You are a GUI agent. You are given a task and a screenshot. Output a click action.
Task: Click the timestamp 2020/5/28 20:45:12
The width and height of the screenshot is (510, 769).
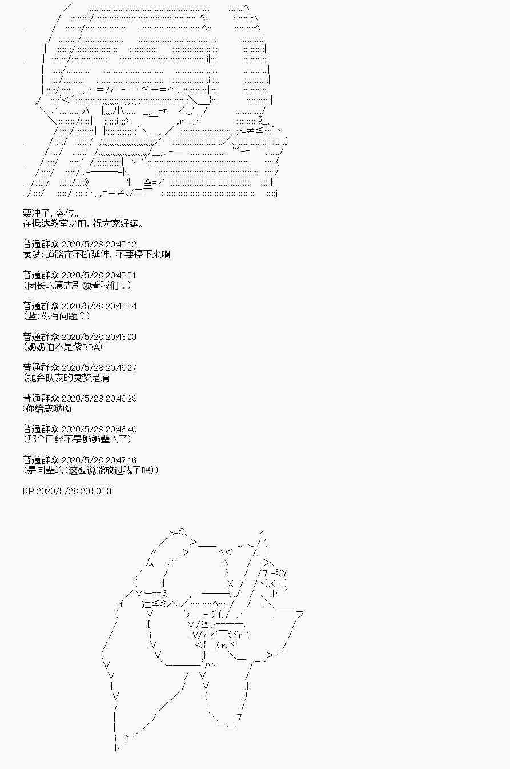99,245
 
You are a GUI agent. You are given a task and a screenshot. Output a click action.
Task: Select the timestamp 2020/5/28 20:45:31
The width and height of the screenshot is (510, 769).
99,275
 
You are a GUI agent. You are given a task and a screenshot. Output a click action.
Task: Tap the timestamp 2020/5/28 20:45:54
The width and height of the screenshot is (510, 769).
99,306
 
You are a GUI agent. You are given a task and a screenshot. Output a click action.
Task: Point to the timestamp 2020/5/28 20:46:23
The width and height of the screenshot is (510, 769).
99,337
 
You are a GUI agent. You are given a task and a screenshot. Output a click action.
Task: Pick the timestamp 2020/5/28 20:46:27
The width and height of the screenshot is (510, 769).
99,368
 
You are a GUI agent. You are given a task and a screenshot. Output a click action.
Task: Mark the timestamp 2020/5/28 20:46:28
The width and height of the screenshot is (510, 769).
99,399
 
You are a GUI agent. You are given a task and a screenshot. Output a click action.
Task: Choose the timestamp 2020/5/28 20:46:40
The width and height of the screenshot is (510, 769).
99,430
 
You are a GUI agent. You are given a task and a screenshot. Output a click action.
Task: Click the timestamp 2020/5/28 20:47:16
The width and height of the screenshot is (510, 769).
99,460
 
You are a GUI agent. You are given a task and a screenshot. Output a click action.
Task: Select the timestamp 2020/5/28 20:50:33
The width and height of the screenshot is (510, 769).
74,491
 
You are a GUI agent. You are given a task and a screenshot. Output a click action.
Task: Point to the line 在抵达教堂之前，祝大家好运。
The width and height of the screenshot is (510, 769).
83,223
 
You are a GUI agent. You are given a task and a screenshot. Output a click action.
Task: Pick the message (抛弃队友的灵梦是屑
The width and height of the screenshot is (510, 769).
66,378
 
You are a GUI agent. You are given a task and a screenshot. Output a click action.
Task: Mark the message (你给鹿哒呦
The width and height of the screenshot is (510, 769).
47,408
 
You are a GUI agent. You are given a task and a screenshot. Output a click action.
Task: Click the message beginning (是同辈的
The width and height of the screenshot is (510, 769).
91,470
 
